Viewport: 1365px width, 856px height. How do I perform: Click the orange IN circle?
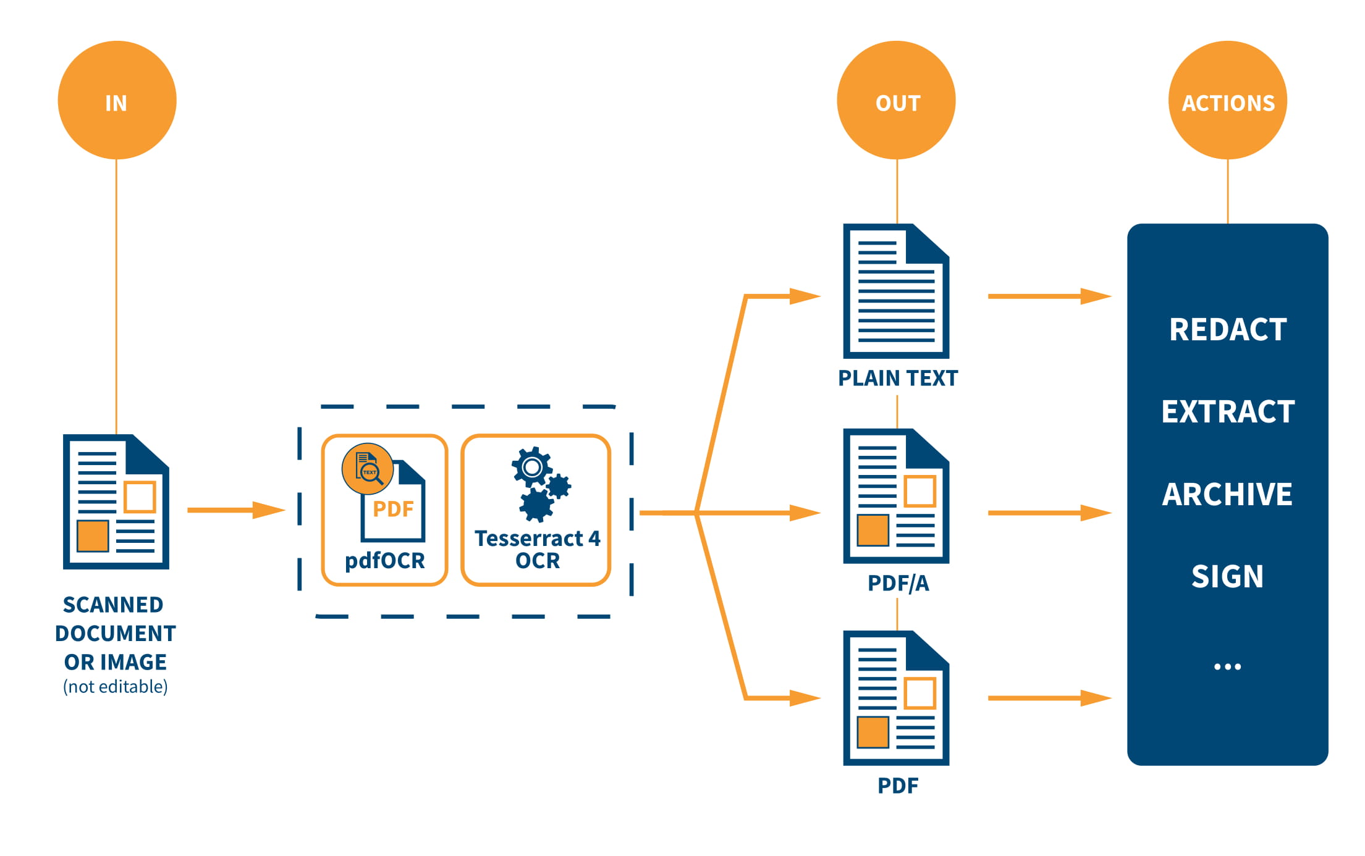click(117, 100)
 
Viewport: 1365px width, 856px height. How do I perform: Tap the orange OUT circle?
click(896, 100)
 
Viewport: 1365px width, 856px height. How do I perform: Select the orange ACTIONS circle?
click(1227, 100)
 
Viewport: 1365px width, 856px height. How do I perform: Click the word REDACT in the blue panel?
click(1227, 329)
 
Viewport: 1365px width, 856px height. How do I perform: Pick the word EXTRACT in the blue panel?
click(1227, 411)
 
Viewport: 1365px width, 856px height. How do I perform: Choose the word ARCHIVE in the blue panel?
click(1227, 494)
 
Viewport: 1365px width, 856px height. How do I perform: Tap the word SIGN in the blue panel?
click(1227, 576)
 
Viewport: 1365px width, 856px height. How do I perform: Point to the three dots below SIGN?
click(1227, 666)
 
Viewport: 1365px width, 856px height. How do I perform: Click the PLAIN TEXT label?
click(897, 378)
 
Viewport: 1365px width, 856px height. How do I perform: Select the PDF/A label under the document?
click(897, 583)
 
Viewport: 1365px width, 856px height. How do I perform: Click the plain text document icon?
click(896, 291)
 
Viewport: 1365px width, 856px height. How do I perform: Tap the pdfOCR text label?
click(384, 560)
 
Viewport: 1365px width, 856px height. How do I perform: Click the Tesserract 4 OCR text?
click(537, 549)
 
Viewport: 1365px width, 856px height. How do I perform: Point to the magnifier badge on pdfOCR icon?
click(368, 469)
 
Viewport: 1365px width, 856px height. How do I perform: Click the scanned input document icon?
click(116, 501)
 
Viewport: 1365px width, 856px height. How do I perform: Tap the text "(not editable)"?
click(116, 687)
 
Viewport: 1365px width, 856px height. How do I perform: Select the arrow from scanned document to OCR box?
click(235, 510)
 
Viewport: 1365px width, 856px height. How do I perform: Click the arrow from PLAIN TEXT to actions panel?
click(1049, 296)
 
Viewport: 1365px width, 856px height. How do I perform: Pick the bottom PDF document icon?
click(896, 698)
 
